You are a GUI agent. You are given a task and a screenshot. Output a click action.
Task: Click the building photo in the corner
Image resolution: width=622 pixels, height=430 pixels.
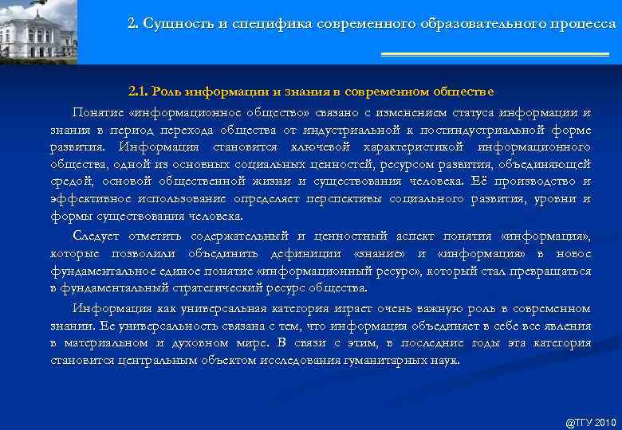point(38,32)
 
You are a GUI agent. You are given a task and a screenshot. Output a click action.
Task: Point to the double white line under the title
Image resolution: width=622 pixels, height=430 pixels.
point(494,54)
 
